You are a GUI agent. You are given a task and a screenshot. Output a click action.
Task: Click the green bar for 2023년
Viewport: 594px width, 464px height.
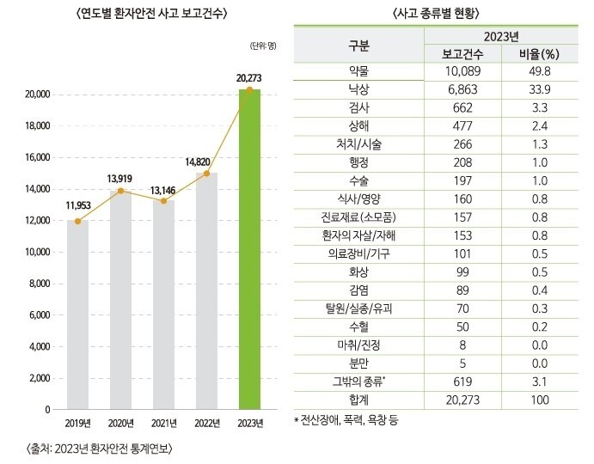tap(249, 249)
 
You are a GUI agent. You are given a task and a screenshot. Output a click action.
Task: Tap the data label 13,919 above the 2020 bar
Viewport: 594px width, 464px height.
tap(119, 177)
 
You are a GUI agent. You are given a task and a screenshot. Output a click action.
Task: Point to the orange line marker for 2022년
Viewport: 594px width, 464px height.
tap(207, 174)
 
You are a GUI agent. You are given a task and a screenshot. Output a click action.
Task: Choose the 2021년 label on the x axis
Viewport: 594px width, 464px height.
tap(163, 423)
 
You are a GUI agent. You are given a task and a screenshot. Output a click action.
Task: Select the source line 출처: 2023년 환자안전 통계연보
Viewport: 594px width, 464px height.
tap(95, 447)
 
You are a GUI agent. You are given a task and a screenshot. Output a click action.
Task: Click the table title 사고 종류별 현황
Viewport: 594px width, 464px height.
tap(436, 13)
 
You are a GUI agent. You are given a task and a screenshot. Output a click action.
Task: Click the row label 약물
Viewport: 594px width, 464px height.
tap(358, 70)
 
